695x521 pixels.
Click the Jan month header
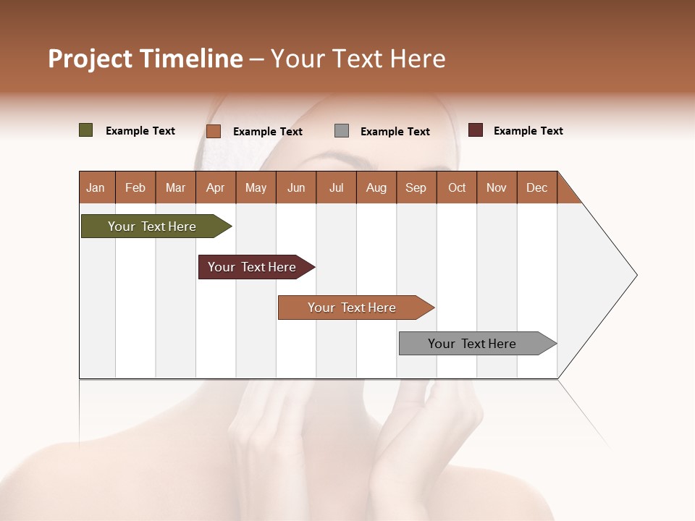[96, 187]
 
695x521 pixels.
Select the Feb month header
[135, 187]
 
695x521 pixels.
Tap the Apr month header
[215, 187]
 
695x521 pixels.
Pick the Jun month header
[296, 187]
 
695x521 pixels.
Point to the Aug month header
[376, 187]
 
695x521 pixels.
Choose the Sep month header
[416, 187]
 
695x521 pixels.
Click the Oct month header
[457, 187]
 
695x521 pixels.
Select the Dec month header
[536, 187]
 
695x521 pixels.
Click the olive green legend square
[85, 130]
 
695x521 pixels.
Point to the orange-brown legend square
[213, 131]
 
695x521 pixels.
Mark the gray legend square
[342, 131]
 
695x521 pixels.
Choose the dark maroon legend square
[476, 130]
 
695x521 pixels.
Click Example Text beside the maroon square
[528, 131]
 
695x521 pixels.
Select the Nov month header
[497, 187]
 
